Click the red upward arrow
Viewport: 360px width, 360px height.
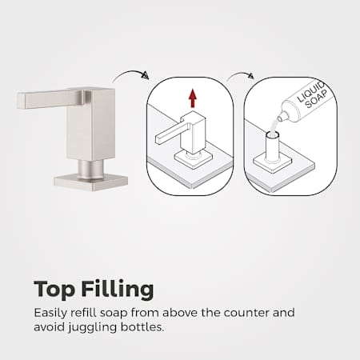[x=193, y=98]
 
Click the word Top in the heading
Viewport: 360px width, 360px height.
[x=54, y=290]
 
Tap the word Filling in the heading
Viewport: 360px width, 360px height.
[x=118, y=289]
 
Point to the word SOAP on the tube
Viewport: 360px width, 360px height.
[x=316, y=99]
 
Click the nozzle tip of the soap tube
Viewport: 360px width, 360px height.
[x=279, y=117]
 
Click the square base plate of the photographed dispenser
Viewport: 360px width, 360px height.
[x=90, y=182]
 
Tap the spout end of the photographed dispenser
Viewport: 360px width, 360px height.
[x=22, y=101]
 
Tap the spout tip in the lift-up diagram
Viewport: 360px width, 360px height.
[x=158, y=139]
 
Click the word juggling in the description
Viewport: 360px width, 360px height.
[x=92, y=327]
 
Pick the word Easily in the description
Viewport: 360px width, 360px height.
[x=50, y=314]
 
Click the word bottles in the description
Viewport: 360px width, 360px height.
[x=142, y=326]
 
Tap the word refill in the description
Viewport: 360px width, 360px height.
[x=83, y=312]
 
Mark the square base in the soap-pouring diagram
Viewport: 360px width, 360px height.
[x=273, y=163]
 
